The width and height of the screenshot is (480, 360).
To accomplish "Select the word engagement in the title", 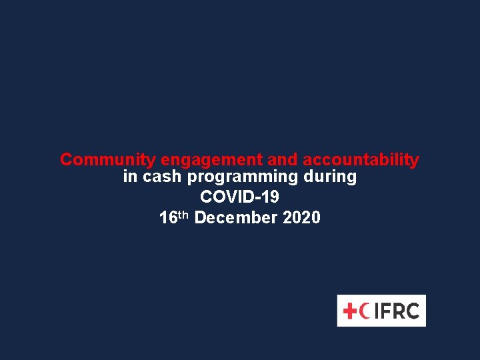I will (x=211, y=161).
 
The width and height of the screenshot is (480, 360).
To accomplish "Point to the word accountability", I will (x=361, y=161).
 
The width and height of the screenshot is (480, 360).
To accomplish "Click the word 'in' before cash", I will (x=130, y=177).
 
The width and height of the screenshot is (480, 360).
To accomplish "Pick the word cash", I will (x=163, y=177).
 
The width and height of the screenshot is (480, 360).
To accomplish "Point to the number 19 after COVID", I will (x=270, y=197).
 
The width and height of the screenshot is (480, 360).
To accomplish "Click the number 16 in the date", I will (x=168, y=218).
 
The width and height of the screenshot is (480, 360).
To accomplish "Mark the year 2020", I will (x=301, y=218).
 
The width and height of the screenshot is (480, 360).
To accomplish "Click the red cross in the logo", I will (x=350, y=311).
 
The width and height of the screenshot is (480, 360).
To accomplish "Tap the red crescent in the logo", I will (x=364, y=311).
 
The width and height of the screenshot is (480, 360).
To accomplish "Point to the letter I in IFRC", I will (x=375, y=311).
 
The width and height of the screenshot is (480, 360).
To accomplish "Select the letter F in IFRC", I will (x=384, y=311).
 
